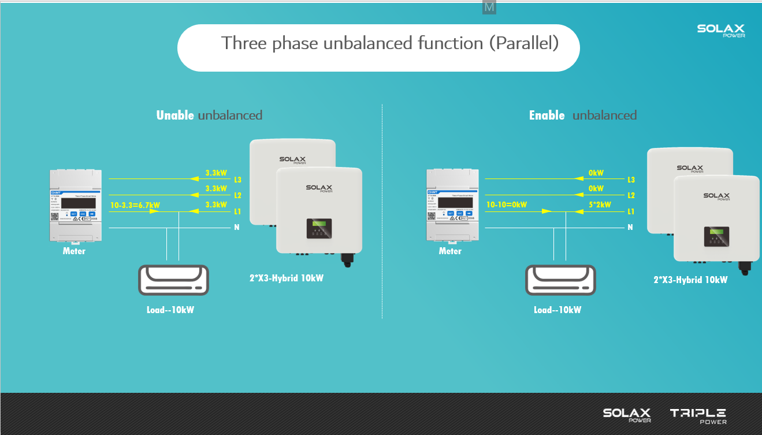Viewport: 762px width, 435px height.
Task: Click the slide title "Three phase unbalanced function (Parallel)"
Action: pos(390,43)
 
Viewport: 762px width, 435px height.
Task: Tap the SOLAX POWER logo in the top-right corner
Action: pos(720,31)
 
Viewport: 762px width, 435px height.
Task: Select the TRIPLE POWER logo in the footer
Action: pos(698,415)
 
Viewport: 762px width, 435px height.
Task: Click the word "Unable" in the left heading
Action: pos(175,116)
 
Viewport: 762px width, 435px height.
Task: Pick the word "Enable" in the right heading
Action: pos(547,116)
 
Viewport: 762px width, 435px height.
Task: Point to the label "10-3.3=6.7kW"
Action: pos(135,205)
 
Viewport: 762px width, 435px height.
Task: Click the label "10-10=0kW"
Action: pos(506,205)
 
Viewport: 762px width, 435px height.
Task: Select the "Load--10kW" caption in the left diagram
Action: pos(170,310)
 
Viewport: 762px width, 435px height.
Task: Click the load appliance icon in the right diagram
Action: pos(560,280)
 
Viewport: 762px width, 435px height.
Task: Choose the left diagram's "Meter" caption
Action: pos(74,251)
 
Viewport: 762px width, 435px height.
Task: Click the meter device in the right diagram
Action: pos(451,205)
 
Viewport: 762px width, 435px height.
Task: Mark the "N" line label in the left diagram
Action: pos(237,228)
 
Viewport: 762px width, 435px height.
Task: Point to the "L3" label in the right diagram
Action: pos(631,180)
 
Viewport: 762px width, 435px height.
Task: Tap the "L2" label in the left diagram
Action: pos(237,196)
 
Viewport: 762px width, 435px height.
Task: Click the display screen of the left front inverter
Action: pos(319,228)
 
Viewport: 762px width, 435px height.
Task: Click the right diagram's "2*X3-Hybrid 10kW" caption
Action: pos(690,280)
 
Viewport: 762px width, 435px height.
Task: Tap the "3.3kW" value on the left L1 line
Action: pos(216,205)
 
